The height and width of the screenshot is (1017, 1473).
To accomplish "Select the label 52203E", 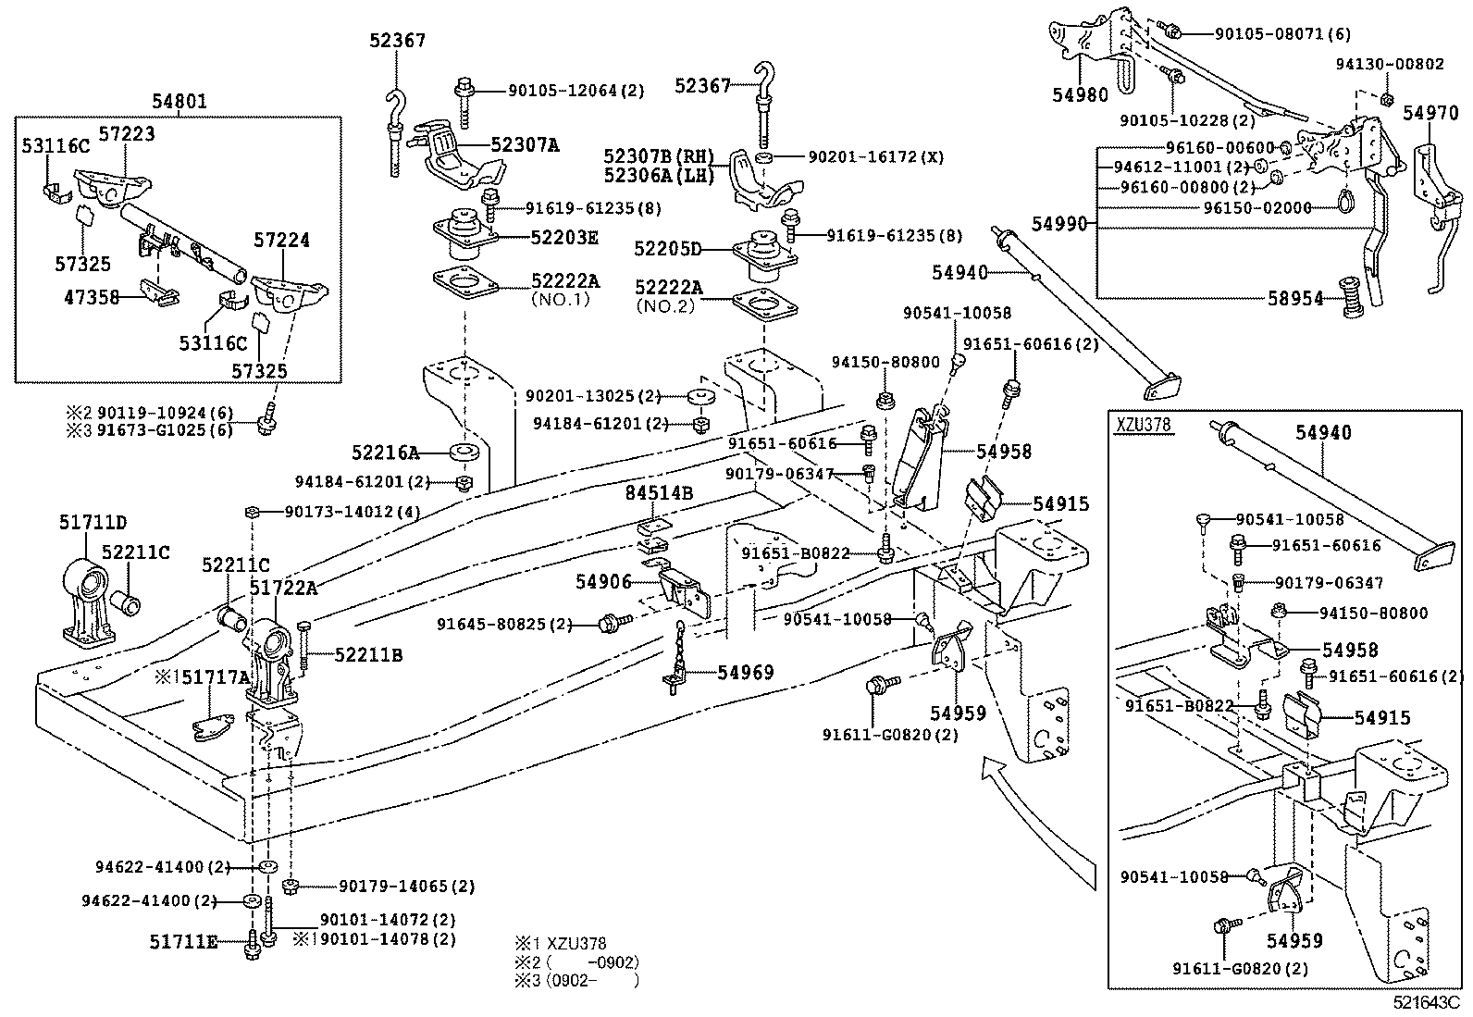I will (564, 237).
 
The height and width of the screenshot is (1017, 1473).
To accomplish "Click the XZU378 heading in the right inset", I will (1144, 426).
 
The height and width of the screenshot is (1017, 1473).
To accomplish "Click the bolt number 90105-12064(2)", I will (576, 91).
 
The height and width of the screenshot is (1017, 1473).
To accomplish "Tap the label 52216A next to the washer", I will (385, 453).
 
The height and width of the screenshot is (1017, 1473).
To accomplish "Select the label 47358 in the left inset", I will (93, 299).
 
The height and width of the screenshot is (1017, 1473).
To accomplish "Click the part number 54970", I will (1431, 112).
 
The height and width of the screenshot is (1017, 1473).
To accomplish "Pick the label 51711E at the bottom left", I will (183, 942).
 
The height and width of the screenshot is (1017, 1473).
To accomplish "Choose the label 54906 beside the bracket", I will (603, 581).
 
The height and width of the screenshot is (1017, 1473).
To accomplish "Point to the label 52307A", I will (525, 144).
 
